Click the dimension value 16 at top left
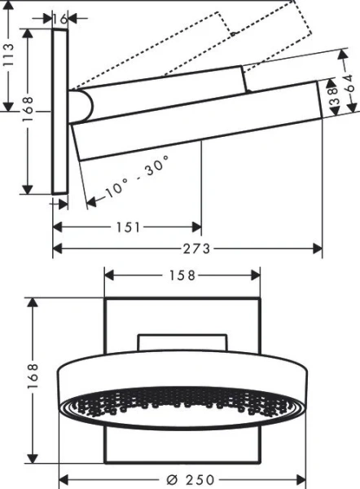pyautogui.click(x=59, y=17)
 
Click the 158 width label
pyautogui.click(x=182, y=275)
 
